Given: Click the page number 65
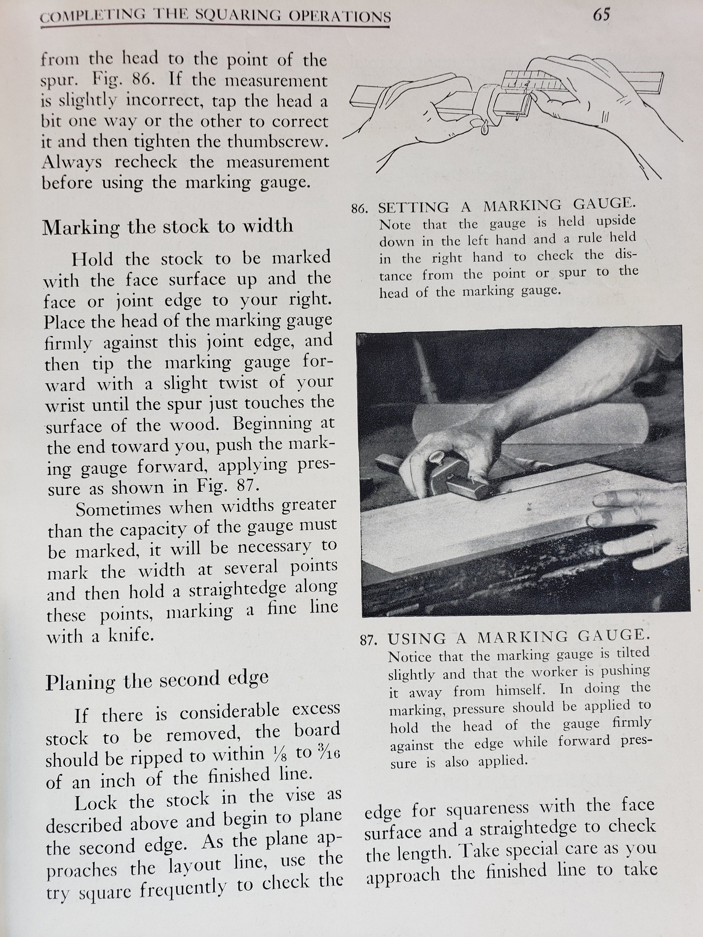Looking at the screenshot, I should [x=601, y=15].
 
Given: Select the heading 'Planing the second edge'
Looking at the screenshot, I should [x=157, y=681].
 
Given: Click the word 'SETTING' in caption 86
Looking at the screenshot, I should [x=413, y=208].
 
